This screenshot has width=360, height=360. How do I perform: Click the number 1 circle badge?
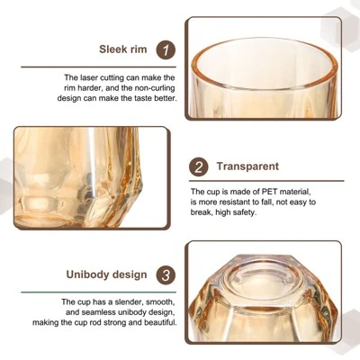[165, 50]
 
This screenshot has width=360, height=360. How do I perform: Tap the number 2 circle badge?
[199, 166]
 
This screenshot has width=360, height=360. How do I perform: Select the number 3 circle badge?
[165, 275]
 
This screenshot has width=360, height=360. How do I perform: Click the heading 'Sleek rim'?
[123, 50]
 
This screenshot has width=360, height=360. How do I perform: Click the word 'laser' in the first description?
[88, 77]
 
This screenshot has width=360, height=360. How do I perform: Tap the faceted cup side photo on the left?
[90, 177]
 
